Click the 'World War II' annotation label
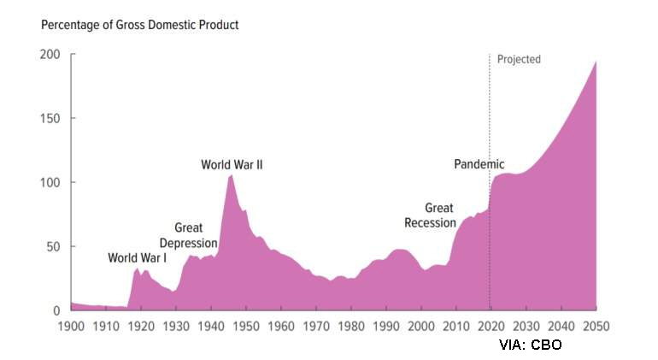coord(232,164)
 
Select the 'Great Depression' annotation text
coord(188,235)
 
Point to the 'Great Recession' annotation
coord(430,215)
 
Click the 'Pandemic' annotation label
coord(479,164)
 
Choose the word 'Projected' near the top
coord(519,60)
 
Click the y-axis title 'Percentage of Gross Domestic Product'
coord(140,25)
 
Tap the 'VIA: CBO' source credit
coord(531,344)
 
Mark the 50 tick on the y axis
coord(53,246)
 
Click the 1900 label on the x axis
coord(71,326)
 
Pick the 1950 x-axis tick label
coord(246,326)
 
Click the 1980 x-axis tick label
coord(351,326)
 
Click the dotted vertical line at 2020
coord(490,128)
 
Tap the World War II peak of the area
coord(231,175)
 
